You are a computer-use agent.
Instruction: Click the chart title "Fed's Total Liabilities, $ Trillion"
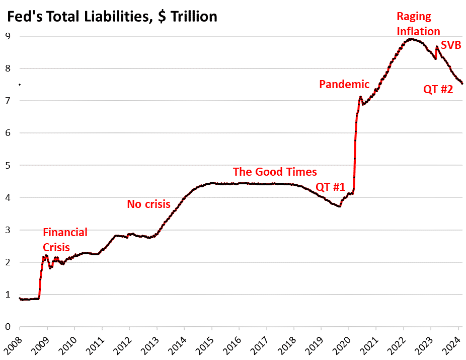coord(111,17)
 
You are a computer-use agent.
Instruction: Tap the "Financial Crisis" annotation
coord(65,240)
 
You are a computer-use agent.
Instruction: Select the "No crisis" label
coord(148,204)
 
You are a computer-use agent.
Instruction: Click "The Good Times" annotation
coord(275,172)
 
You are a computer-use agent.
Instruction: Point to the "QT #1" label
coord(330,187)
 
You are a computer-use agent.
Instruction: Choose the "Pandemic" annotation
coord(344,84)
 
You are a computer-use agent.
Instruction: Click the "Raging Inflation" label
coord(418,24)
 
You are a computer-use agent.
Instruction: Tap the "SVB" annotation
coord(451,45)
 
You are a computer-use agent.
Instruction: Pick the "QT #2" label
coord(438,90)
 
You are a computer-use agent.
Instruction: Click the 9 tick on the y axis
coord(8,36)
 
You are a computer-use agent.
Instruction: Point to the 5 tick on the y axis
coord(8,165)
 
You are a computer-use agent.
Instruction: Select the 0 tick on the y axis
coord(8,327)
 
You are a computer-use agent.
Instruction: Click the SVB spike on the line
coord(437,47)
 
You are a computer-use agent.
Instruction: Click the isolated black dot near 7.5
coord(19,85)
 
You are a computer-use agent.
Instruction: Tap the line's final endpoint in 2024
coord(462,84)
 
